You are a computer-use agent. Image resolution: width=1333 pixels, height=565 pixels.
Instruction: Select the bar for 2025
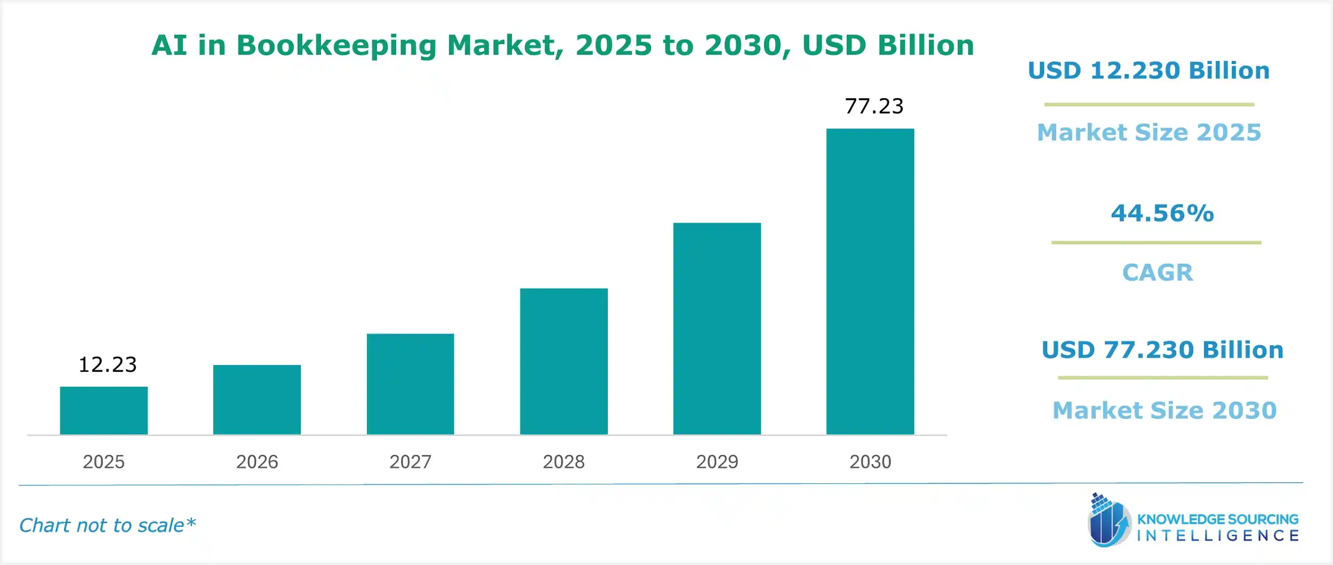coord(103,410)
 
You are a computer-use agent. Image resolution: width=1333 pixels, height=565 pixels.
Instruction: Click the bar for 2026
coord(257,400)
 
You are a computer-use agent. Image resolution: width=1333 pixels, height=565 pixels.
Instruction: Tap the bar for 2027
coord(410,384)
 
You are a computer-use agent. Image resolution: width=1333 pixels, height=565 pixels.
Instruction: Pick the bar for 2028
coord(564,361)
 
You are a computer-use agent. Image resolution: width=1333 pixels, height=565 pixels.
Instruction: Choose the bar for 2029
coord(717,328)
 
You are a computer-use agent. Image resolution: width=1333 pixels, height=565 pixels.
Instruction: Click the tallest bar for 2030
coord(870,281)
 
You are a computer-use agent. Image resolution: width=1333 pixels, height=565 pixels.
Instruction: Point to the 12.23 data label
coord(108,365)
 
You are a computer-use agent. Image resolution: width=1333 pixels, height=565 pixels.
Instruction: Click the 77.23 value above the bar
coord(874,106)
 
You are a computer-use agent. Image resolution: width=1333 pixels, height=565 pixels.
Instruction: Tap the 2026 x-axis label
coord(257,461)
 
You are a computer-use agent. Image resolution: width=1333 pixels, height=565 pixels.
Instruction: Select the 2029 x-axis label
coord(717,461)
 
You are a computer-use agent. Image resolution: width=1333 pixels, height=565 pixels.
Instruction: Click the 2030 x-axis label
coord(870,461)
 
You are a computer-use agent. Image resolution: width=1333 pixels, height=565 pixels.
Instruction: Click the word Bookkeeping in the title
coord(336,45)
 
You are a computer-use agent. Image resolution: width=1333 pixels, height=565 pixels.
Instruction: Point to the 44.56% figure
coord(1162,213)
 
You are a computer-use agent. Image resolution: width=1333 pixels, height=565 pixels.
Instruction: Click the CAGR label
coord(1158,273)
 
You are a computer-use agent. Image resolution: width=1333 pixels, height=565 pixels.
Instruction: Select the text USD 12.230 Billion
coord(1149,71)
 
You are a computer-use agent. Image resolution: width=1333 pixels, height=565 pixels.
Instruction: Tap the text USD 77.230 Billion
coord(1162,350)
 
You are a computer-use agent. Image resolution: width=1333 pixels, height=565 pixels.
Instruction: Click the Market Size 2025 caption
coord(1149,132)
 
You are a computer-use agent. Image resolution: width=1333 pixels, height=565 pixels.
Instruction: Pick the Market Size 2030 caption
coord(1165,410)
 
